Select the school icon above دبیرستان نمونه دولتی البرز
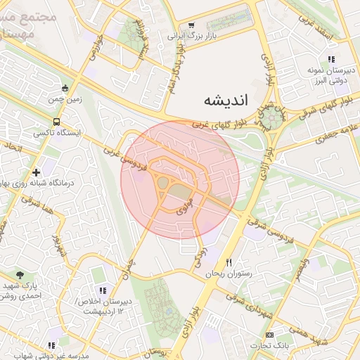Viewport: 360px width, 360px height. pos(330,59)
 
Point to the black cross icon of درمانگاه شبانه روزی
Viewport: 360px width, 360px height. pos(36,172)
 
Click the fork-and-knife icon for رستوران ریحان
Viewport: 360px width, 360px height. pos(228,262)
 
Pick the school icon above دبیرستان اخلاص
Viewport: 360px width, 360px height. pos(103,290)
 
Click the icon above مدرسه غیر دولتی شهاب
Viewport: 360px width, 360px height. pos(51,345)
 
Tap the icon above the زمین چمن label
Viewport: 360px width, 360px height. pos(65,88)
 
